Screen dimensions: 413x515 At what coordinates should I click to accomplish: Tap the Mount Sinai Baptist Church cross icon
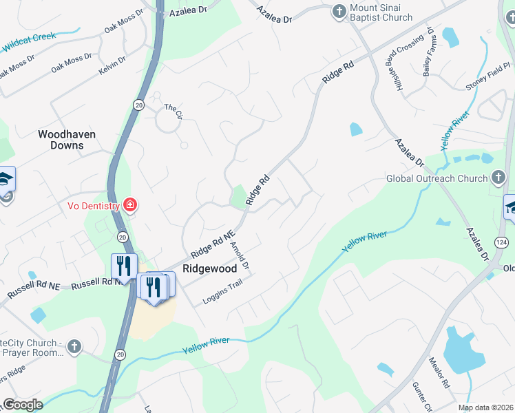339,11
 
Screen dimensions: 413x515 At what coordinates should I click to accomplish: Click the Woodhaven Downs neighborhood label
67,140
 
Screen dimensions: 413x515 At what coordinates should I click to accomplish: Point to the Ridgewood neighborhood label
209,268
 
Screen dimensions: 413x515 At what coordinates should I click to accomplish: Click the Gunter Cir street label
421,400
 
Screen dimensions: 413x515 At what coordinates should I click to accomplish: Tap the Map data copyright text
485,407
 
